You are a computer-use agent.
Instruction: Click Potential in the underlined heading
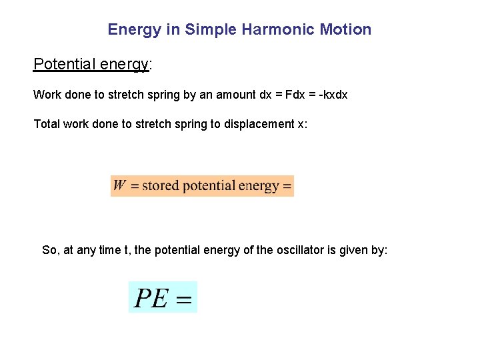(63, 64)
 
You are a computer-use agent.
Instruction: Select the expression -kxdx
(333, 95)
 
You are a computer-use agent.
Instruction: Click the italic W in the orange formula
(120, 185)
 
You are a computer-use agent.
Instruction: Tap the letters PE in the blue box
(151, 298)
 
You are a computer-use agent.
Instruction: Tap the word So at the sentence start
(49, 250)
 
